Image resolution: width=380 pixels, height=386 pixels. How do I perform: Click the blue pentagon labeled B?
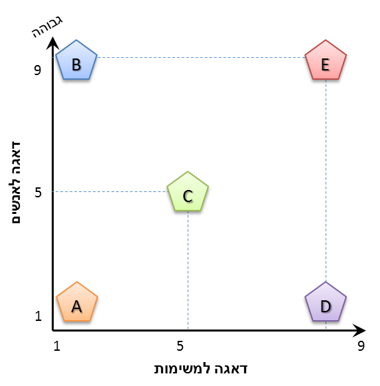76,60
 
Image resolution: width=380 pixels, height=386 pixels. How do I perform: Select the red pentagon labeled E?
326,60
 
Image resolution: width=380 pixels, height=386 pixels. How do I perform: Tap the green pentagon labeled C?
188,192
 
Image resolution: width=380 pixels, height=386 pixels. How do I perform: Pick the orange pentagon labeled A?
77,302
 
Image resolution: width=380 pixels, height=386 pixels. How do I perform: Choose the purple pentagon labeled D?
326,302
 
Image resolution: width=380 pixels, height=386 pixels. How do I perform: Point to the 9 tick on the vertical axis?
37,70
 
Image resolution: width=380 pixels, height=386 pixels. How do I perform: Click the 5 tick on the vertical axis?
38,192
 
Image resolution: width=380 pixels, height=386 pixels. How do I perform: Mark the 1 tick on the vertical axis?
38,316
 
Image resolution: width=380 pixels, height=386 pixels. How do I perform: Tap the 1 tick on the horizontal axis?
57,346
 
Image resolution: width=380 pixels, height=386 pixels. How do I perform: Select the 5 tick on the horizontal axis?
180,346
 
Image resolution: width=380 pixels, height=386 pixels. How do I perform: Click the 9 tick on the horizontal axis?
361,346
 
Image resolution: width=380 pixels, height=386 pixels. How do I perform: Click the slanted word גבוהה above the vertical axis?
47,27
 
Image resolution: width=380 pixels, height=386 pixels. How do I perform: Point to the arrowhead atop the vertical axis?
52,43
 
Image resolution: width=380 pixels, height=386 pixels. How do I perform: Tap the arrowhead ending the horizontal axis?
359,330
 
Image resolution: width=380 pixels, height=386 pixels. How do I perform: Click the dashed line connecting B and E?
201,57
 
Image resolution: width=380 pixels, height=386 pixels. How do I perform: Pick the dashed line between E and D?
326,181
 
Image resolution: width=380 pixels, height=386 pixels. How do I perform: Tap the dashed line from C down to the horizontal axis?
188,270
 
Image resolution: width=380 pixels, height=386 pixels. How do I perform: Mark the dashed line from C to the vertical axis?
109,191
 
